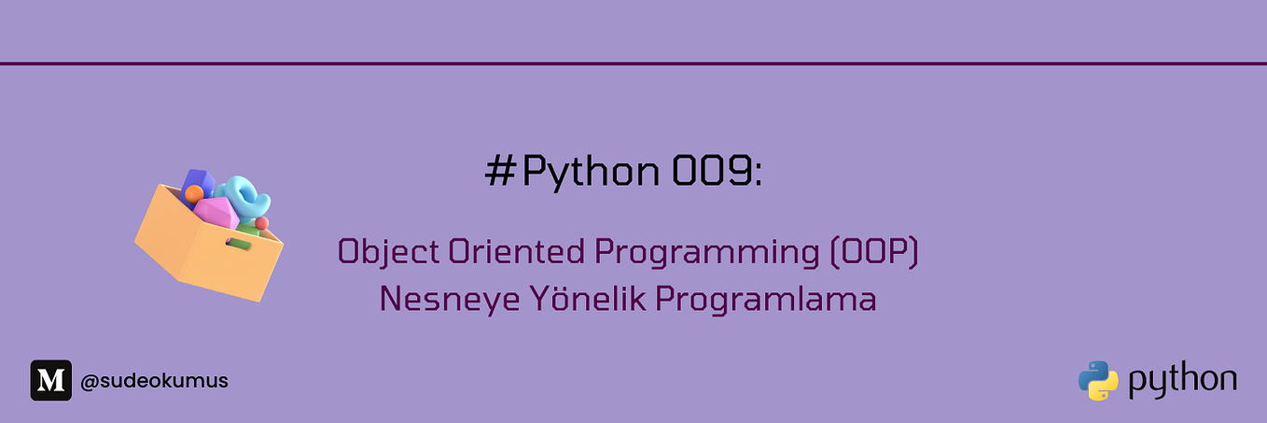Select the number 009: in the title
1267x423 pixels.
click(717, 172)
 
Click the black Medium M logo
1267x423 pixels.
click(50, 380)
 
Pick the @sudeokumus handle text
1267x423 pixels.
click(154, 381)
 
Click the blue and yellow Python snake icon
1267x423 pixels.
click(1098, 380)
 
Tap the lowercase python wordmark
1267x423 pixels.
click(1183, 381)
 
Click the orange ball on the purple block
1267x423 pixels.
click(193, 193)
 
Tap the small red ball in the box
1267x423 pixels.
click(262, 223)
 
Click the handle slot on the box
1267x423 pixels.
click(239, 244)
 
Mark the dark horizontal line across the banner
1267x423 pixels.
click(633, 63)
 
